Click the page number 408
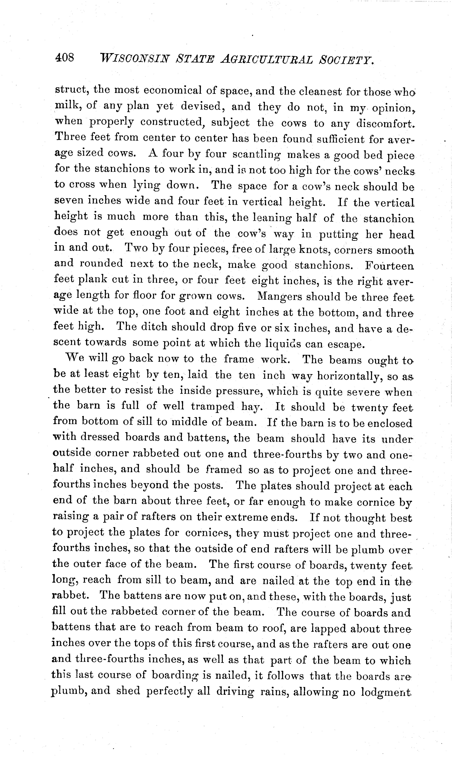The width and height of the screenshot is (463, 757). (x=64, y=58)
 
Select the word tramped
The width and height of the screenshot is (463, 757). (x=213, y=407)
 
